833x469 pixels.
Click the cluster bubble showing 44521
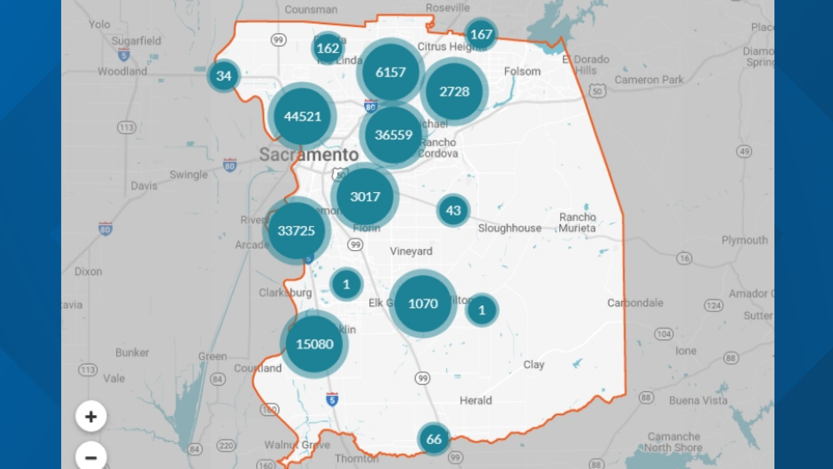302,116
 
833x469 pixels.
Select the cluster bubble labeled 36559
394,135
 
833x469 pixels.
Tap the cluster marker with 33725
296,231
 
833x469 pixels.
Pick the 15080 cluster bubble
315,344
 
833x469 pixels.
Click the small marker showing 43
453,211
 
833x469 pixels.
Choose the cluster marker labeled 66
434,439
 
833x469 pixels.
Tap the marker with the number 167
481,34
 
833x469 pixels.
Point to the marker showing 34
224,76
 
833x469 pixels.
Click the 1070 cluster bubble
423,304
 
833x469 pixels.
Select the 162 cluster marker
328,48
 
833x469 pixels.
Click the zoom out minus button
91,457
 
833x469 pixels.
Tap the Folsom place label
522,72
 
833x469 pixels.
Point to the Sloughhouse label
510,228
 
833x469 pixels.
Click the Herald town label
476,400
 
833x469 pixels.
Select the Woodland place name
122,71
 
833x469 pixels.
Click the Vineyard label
411,251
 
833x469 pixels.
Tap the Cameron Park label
649,80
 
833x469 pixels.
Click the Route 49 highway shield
744,152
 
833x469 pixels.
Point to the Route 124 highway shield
714,306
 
